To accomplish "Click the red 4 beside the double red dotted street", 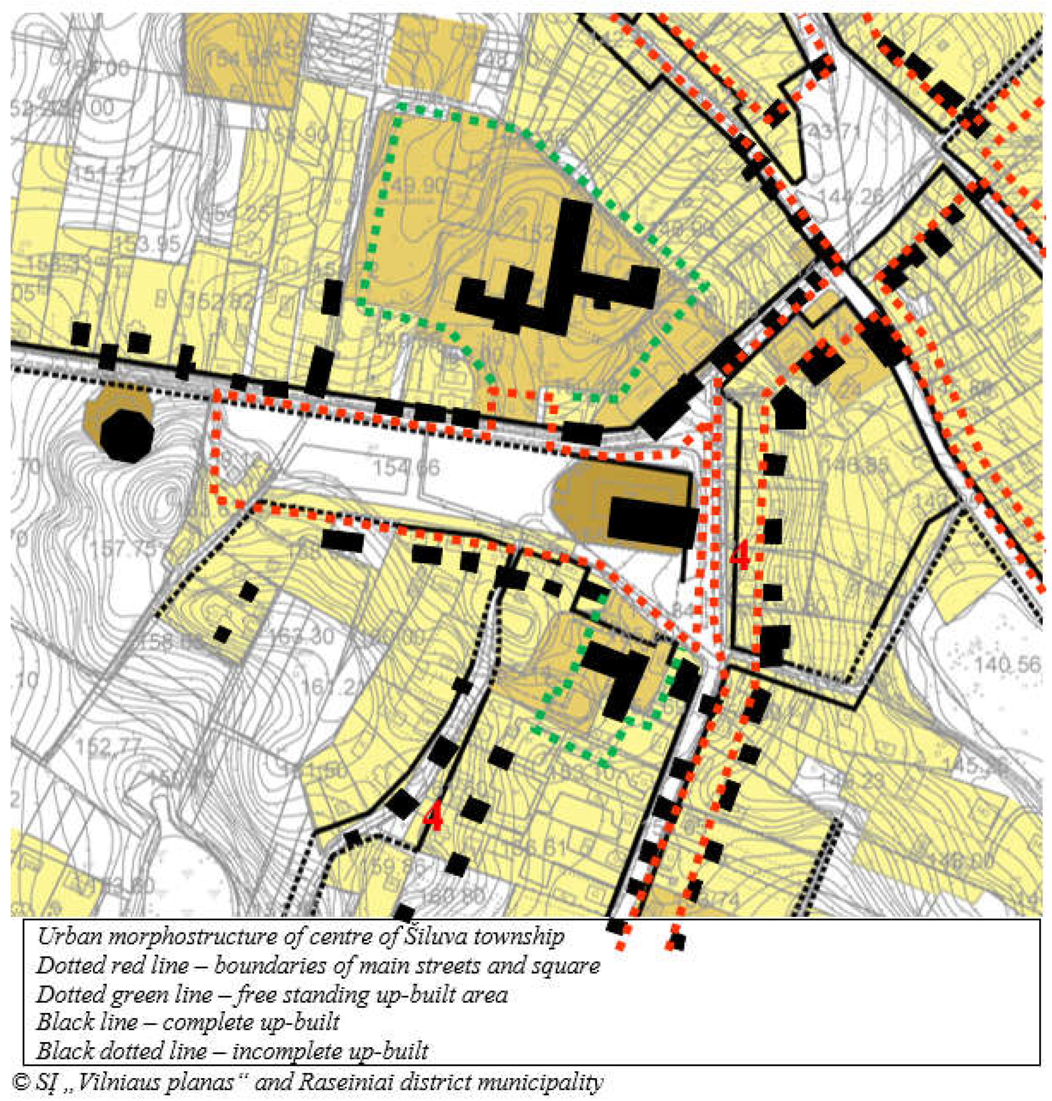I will tap(739, 556).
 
